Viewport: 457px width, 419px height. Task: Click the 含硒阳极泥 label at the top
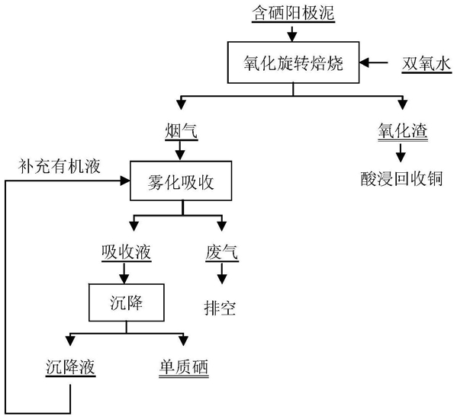293,14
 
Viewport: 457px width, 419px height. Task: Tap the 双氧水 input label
426,64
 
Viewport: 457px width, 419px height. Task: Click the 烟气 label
182,131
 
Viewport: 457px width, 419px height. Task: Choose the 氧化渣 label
403,131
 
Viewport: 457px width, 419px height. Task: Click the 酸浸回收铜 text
402,178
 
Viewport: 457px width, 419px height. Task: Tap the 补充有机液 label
60,166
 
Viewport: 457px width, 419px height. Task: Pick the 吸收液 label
126,252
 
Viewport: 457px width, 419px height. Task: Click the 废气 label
222,252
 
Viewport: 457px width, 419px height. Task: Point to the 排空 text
220,308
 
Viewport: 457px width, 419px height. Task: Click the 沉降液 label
70,367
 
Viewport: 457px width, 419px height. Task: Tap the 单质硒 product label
184,367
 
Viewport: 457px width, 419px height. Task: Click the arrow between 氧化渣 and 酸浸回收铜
401,153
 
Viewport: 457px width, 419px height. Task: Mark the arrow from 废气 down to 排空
222,273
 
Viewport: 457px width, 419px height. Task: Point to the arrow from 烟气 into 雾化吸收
180,150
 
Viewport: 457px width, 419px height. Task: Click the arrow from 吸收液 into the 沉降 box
124,273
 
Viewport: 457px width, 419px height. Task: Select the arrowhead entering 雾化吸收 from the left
125,181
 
